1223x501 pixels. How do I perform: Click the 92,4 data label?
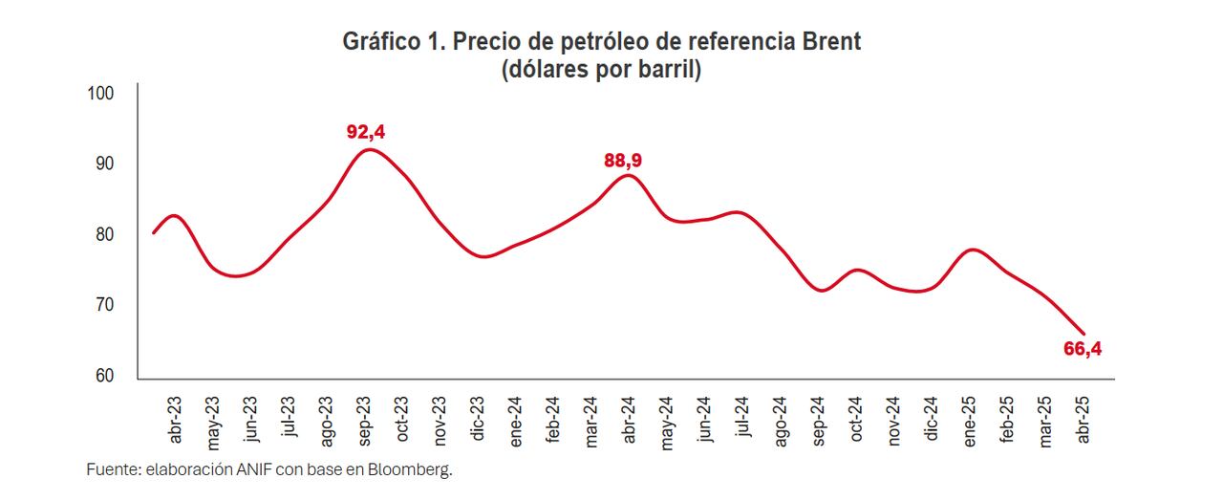coord(372,132)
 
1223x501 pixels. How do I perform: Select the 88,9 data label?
coord(623,161)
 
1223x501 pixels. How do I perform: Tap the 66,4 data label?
coord(1083,349)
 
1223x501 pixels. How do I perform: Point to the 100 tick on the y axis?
coord(100,94)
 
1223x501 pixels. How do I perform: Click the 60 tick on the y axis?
coord(104,376)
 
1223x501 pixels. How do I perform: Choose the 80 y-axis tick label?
coord(104,235)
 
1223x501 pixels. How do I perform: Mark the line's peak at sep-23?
coord(370,149)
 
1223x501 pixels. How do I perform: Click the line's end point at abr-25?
coord(1084,333)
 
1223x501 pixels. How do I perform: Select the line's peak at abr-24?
coord(627,175)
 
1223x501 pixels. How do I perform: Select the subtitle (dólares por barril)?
coord(601,71)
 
